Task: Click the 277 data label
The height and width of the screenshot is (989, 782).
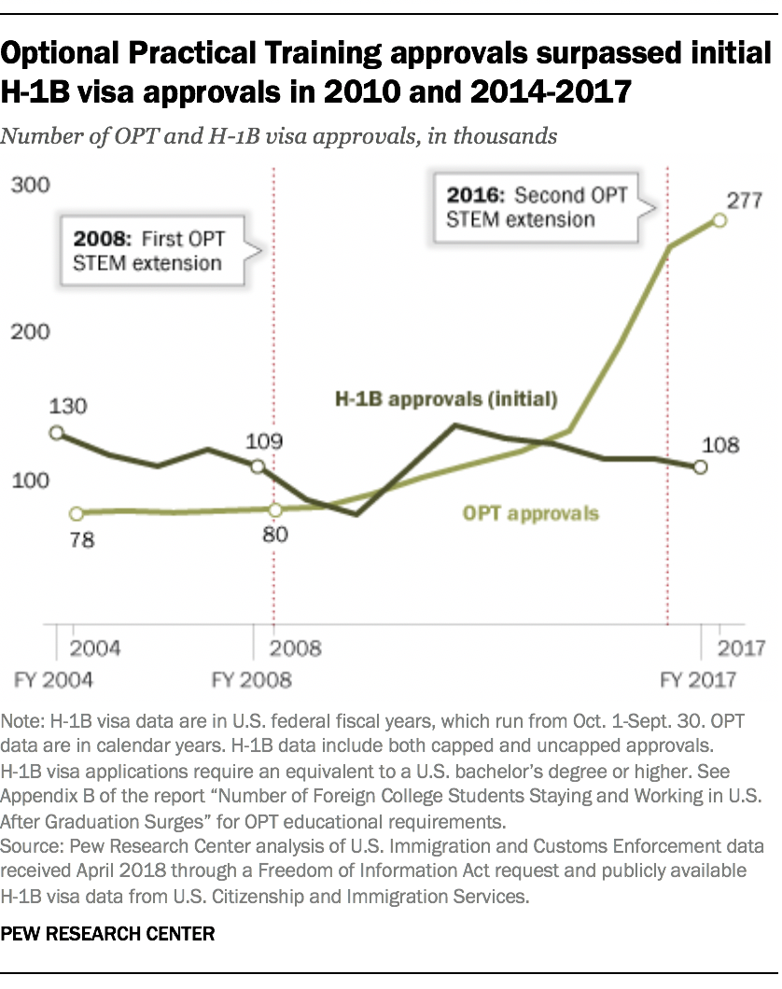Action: click(x=746, y=199)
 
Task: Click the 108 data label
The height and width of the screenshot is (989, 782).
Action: click(x=719, y=444)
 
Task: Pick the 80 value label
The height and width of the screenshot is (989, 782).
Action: click(x=276, y=535)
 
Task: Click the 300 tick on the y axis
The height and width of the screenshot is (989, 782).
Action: click(x=30, y=186)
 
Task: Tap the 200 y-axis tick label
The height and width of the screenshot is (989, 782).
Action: click(x=30, y=333)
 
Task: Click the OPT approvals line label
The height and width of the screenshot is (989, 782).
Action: click(x=531, y=513)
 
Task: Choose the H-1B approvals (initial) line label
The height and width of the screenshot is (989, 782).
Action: click(x=446, y=399)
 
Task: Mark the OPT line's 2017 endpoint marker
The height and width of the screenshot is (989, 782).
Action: click(x=719, y=220)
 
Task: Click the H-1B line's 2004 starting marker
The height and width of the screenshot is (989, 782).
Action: click(x=56, y=433)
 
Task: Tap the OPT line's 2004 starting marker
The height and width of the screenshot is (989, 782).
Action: click(x=77, y=513)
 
